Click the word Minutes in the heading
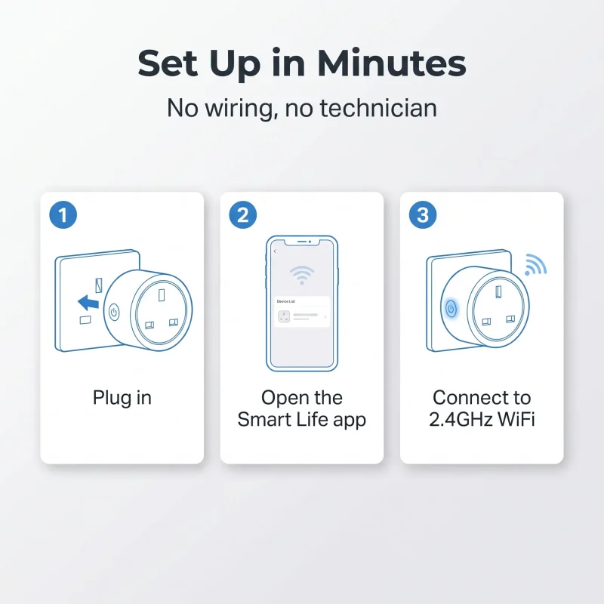[391, 63]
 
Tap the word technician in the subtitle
[378, 108]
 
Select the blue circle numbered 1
[63, 215]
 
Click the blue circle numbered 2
[242, 215]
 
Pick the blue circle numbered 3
[423, 215]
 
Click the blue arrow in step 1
[88, 303]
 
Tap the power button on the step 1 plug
[114, 312]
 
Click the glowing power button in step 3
[451, 309]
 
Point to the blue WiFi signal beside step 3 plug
[535, 265]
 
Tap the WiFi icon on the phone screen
[301, 275]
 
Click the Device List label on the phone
[286, 301]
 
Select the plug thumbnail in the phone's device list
[284, 316]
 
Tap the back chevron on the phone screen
[275, 251]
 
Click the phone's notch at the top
[301, 241]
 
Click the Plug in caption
[122, 398]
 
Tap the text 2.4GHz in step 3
[461, 419]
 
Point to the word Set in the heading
[168, 63]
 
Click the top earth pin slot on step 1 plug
[162, 295]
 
